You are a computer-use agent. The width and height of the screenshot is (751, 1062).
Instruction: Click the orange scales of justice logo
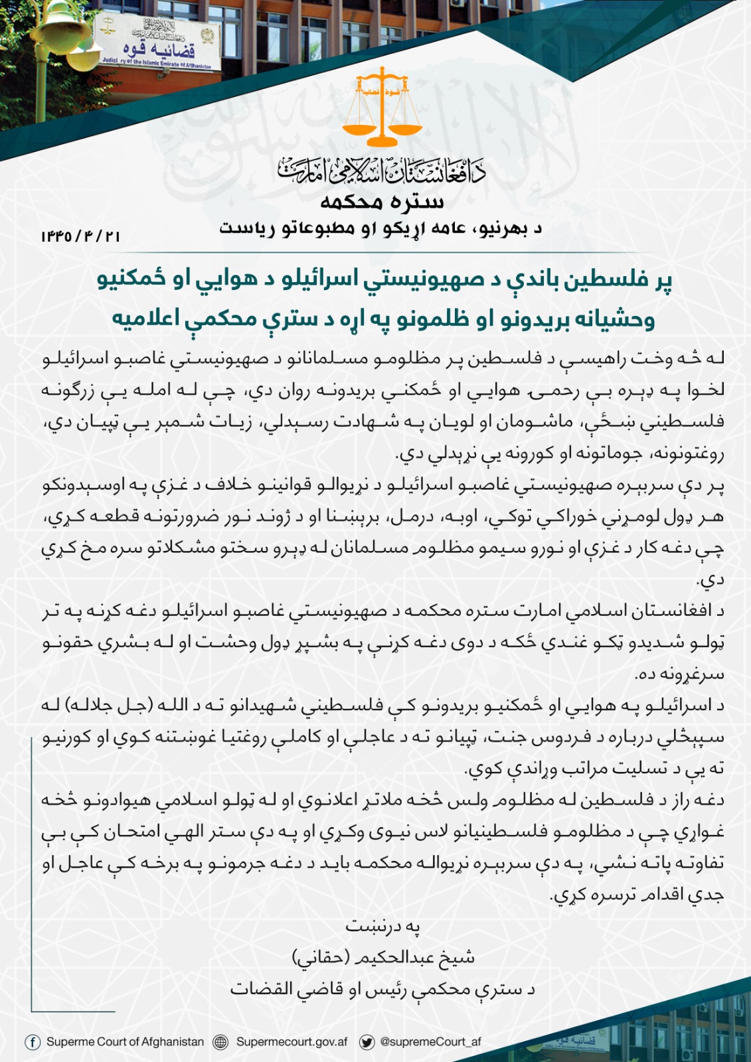coord(382,106)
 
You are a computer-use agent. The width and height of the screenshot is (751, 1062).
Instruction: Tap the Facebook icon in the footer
coord(32,1041)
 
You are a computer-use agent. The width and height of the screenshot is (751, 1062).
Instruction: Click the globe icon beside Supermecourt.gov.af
coord(220,1042)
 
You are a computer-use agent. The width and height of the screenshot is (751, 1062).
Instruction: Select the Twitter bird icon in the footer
coord(367,1042)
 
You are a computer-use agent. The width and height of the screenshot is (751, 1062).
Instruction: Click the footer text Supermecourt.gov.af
coord(292,1041)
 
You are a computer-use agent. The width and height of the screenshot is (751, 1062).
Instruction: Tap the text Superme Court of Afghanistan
coord(125,1041)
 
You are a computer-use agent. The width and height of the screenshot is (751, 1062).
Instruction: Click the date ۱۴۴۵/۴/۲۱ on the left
coord(80,236)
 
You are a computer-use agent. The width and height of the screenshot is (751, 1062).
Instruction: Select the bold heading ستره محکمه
coord(382,201)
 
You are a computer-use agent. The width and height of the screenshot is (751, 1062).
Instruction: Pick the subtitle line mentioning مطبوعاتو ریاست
coord(381,228)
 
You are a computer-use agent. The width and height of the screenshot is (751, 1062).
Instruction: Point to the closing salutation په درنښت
coord(382,926)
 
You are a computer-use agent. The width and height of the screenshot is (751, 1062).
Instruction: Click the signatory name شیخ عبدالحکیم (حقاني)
coord(383,957)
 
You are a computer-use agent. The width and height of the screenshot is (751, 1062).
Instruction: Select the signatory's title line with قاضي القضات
coord(382,989)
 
